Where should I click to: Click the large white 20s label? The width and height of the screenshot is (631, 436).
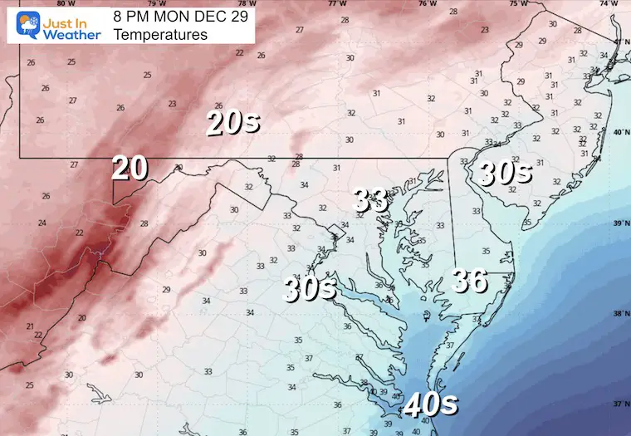click(x=233, y=123)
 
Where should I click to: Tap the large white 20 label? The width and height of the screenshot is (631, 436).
click(x=130, y=168)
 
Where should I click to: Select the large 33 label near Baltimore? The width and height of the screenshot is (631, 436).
click(x=370, y=199)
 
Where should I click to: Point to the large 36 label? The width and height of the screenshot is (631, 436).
click(x=469, y=281)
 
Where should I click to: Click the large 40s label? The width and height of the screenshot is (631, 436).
click(x=431, y=405)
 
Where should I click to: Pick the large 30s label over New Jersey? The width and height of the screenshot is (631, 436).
click(x=504, y=173)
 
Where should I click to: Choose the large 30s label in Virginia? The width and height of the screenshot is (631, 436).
click(x=309, y=288)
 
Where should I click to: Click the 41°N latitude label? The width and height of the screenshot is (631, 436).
click(x=619, y=42)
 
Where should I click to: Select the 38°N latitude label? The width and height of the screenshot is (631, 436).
click(x=619, y=314)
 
